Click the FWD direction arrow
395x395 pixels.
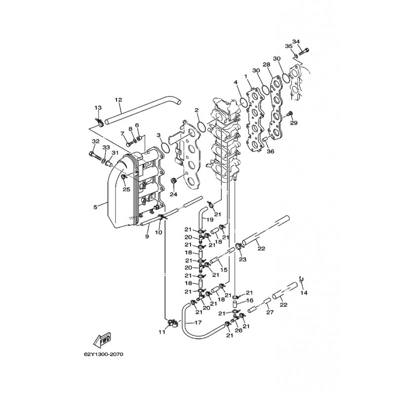tap(103, 340)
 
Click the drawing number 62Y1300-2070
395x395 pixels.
tap(104, 355)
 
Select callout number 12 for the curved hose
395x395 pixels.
tap(118, 100)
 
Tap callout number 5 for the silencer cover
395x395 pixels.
tap(95, 207)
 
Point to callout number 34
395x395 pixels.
tap(296, 41)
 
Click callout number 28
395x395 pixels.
tap(267, 65)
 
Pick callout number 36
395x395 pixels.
tap(271, 152)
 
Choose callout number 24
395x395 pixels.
tap(173, 194)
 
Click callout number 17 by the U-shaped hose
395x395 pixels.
tap(198, 322)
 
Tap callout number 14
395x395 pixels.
tap(304, 293)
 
